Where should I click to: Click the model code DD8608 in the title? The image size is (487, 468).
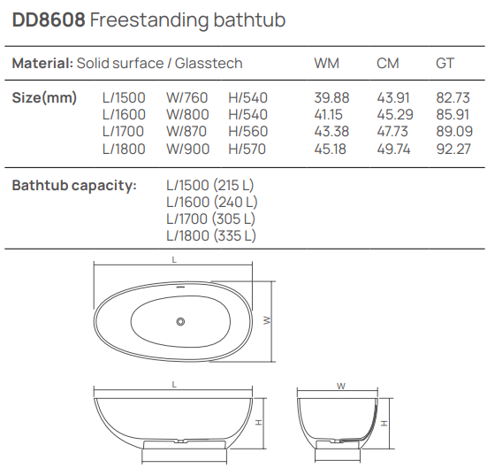(x=49, y=19)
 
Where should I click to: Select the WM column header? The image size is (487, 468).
(x=326, y=63)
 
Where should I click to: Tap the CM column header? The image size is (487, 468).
(x=388, y=63)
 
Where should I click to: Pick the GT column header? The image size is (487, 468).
(x=445, y=63)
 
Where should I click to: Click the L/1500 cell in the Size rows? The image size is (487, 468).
(x=124, y=97)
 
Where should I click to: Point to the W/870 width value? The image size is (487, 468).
(x=186, y=131)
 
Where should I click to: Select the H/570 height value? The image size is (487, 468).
(x=247, y=149)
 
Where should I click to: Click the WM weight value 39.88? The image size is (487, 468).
(x=331, y=97)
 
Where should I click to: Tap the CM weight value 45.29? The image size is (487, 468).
(x=395, y=114)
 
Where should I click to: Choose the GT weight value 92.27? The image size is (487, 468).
(x=453, y=149)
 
